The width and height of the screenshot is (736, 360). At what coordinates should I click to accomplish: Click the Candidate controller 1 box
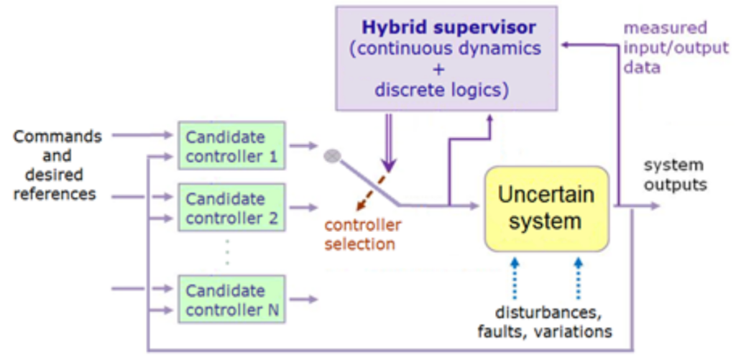(231, 146)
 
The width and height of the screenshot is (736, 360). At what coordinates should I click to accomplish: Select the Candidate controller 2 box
(231, 208)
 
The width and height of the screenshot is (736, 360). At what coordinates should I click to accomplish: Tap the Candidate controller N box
(231, 300)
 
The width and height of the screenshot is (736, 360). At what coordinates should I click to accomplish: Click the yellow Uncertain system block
(546, 208)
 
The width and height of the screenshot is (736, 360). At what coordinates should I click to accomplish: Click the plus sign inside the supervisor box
(439, 70)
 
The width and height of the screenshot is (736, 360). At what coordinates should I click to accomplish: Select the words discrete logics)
(441, 91)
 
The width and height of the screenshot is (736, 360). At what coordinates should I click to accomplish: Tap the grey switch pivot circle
(331, 155)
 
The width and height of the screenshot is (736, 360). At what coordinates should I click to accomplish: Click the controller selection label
(362, 234)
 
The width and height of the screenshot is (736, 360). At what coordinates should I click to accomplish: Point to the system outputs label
(674, 175)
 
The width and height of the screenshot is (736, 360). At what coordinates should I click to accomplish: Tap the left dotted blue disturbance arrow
(515, 278)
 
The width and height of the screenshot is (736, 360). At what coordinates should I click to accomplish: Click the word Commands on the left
(58, 137)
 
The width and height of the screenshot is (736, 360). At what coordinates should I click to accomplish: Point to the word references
(55, 194)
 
